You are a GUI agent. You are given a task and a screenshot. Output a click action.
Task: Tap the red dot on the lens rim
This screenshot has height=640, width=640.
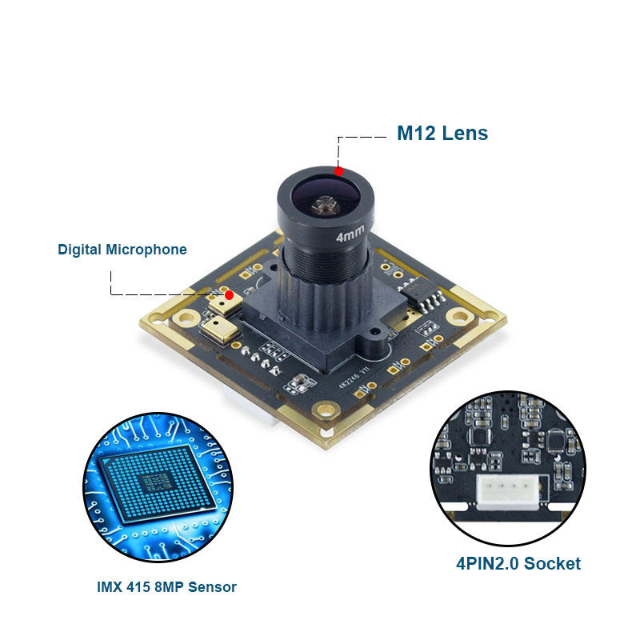[x=338, y=170]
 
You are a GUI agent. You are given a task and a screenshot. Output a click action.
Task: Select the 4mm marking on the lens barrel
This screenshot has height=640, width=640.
[x=350, y=237]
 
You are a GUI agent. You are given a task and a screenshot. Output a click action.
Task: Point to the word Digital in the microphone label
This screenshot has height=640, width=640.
[x=80, y=250]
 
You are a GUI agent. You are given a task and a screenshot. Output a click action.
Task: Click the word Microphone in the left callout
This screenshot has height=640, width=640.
[x=146, y=250]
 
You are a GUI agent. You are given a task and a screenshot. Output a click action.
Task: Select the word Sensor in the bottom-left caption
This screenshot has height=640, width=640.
[x=215, y=587]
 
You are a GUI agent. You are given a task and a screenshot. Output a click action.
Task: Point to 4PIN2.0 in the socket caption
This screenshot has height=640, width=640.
[x=487, y=563]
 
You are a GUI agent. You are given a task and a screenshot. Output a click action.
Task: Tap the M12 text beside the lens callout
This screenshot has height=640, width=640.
[x=416, y=133]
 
